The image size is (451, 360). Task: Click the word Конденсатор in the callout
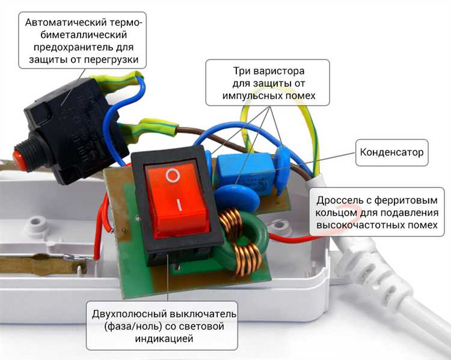point(391,152)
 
